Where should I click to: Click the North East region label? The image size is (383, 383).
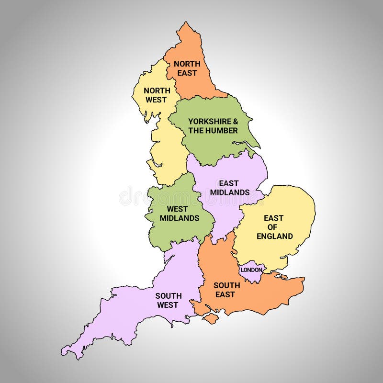[187, 68]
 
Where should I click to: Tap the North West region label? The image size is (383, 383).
[157, 95]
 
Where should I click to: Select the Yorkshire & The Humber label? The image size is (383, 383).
[213, 125]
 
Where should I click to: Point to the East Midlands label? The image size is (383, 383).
[229, 188]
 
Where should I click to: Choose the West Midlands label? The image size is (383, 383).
[179, 213]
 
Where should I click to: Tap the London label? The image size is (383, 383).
[251, 270]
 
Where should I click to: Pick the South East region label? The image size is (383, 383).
[226, 290]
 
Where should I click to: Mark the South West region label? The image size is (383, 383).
[167, 300]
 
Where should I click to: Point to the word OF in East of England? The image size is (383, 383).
[274, 227]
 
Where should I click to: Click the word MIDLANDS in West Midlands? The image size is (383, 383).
[179, 218]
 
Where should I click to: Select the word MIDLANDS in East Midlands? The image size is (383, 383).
[229, 192]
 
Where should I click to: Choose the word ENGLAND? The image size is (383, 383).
[274, 236]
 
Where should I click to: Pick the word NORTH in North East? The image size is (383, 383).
[187, 64]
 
